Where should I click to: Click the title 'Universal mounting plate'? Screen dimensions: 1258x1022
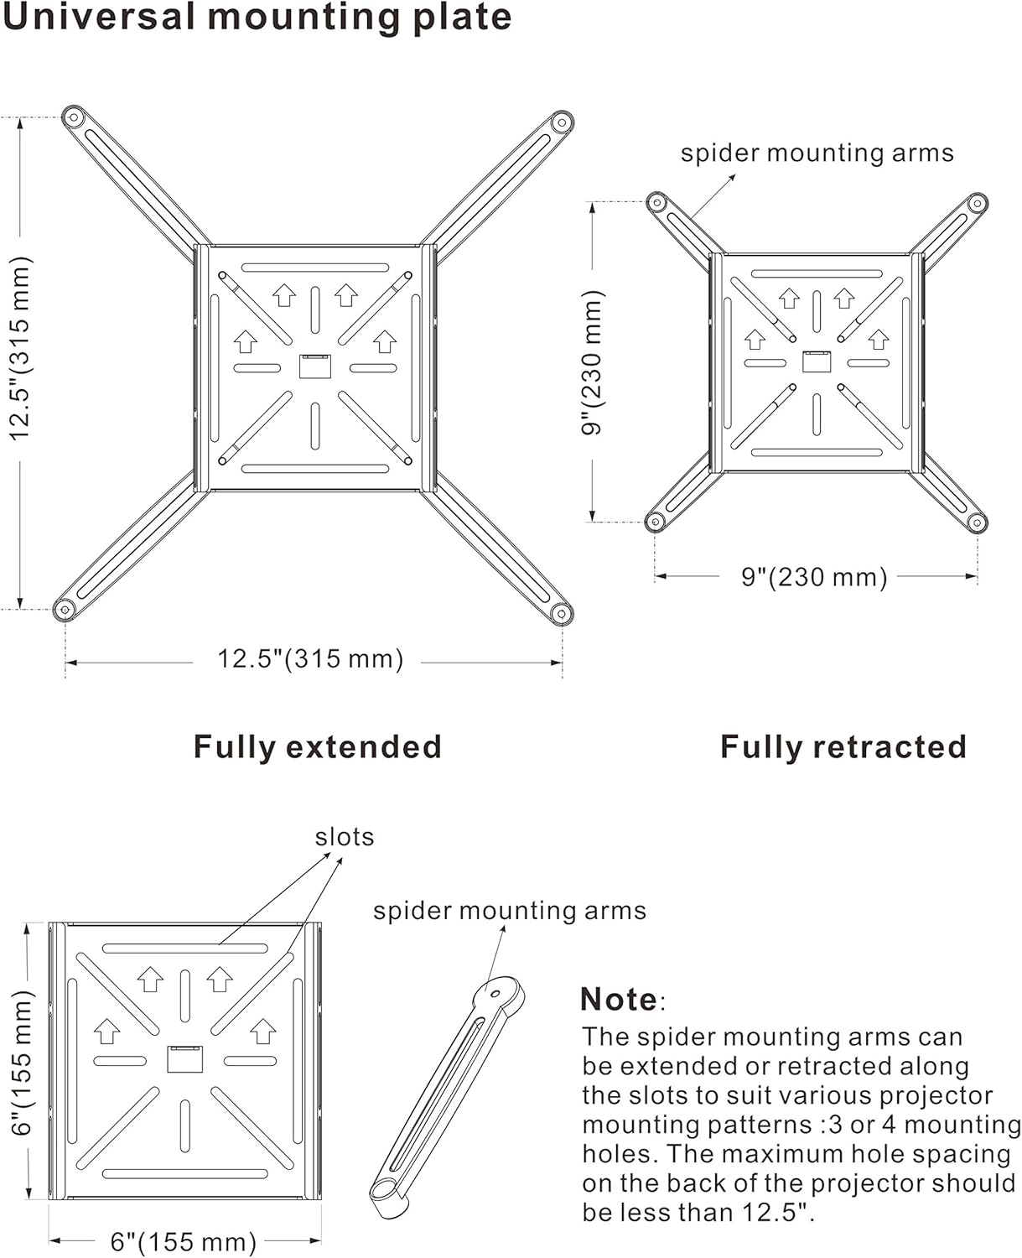(x=257, y=18)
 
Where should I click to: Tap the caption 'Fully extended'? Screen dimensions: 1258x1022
(x=317, y=746)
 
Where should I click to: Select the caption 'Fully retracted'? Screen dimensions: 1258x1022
(x=843, y=746)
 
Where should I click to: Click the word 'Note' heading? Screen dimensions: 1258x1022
(x=619, y=999)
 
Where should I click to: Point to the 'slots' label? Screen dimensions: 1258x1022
(x=345, y=837)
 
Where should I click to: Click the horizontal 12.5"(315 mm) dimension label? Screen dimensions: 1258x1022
(x=310, y=659)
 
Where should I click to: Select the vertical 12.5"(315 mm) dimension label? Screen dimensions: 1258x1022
(x=20, y=348)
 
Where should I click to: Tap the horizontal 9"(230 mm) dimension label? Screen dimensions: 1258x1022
(x=814, y=577)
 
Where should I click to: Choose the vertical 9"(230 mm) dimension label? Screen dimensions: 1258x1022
(x=593, y=362)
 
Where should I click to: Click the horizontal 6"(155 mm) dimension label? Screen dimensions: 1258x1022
(x=184, y=1241)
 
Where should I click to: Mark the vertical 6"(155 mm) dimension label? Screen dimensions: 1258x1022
(x=22, y=1063)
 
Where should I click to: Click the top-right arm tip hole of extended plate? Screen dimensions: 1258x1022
(x=561, y=122)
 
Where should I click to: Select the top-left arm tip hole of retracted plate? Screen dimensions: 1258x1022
(x=656, y=203)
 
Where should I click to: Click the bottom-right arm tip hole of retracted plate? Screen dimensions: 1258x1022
(x=977, y=522)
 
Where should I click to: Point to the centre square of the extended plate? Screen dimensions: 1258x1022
(x=315, y=366)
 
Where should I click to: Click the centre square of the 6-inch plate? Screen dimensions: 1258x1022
(x=184, y=1058)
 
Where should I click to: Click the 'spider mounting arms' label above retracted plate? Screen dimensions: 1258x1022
(x=817, y=153)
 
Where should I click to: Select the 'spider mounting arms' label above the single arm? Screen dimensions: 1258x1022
(x=510, y=911)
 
